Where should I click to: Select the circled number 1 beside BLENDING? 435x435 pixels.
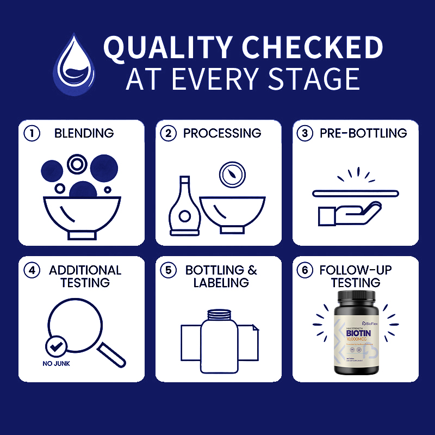(x=32, y=134)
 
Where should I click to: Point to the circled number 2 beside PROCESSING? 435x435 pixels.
(x=169, y=134)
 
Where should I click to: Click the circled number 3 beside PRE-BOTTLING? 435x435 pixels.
(x=306, y=134)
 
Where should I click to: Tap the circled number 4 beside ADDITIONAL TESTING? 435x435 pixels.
(x=32, y=271)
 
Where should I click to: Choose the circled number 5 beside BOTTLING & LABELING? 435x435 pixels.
(x=169, y=271)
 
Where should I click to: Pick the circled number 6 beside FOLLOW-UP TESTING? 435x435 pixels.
(x=306, y=271)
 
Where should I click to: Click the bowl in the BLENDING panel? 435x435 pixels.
(x=82, y=215)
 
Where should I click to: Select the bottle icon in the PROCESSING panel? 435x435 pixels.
(x=185, y=209)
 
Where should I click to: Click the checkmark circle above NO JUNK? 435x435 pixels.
(x=57, y=345)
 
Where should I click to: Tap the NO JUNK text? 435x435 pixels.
(x=57, y=364)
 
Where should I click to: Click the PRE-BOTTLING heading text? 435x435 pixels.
(x=363, y=134)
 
